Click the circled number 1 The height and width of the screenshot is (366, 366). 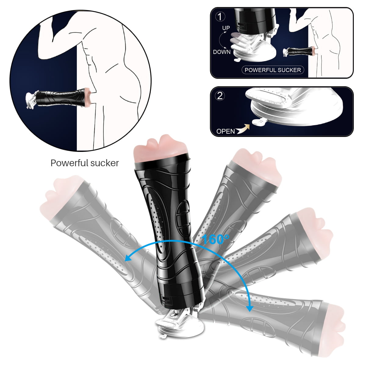(220, 16)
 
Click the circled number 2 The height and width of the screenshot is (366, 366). (220, 96)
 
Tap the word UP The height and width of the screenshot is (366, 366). (226, 28)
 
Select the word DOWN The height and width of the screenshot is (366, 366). (222, 52)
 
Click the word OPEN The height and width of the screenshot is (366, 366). (225, 131)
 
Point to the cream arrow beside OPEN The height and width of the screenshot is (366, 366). (243, 129)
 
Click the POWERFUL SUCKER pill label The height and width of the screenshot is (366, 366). (273, 70)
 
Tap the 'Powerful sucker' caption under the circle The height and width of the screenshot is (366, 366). (85, 163)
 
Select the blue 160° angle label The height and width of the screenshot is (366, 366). (215, 239)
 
